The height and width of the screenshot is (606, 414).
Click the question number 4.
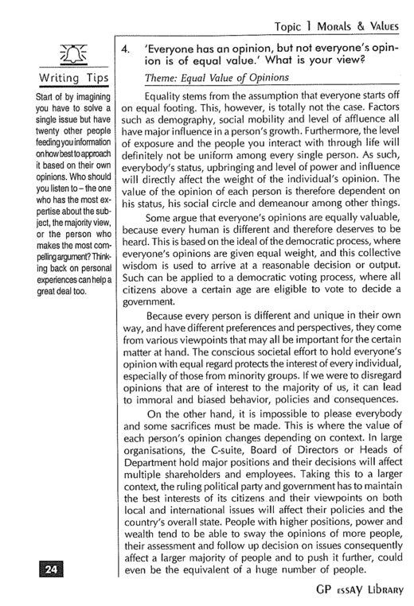coord(125,49)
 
